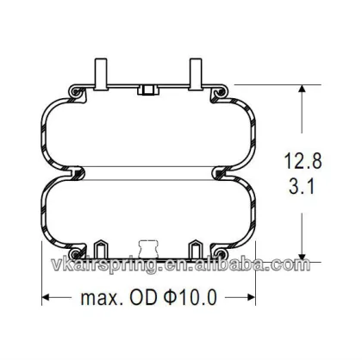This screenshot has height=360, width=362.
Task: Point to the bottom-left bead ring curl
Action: click(77, 251)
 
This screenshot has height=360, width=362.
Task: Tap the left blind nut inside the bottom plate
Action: click(103, 246)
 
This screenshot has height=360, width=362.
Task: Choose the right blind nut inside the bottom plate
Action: click(195, 246)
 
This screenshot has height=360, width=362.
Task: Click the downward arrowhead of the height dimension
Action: click(301, 255)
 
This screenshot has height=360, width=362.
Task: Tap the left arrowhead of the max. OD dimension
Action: click(48, 299)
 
